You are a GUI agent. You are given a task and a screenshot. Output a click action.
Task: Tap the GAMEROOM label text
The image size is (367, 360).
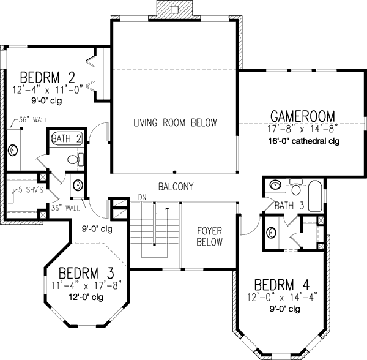[302, 116]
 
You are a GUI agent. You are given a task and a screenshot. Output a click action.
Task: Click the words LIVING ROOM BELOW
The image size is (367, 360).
[175, 123]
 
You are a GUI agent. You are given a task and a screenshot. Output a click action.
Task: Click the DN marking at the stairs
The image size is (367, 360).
[142, 197]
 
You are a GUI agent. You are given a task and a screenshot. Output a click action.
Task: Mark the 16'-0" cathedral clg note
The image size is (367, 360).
[302, 141]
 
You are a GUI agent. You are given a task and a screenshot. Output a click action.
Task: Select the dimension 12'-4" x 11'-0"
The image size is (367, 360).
[47, 89]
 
